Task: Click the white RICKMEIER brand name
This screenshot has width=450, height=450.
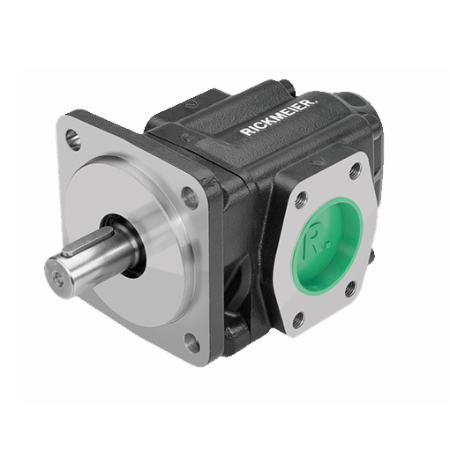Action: pyautogui.click(x=280, y=117)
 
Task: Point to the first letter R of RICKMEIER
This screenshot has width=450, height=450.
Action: pyautogui.click(x=246, y=131)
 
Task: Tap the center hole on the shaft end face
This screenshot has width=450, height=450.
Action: pyautogui.click(x=58, y=277)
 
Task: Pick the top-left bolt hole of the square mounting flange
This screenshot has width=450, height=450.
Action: pyautogui.click(x=73, y=139)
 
